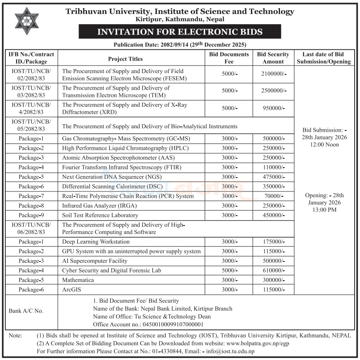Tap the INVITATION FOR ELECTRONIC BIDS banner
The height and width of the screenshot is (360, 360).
[x=180, y=32]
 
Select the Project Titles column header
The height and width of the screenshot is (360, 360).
[x=125, y=59]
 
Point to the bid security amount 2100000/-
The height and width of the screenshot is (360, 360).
[x=273, y=74]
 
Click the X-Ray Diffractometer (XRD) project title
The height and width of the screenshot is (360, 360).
[x=124, y=108]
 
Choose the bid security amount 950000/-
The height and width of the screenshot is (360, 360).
[x=273, y=108]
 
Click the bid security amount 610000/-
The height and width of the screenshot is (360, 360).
[x=273, y=270]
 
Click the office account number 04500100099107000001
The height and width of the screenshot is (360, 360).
[x=173, y=324]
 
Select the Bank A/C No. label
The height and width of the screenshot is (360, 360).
[x=26, y=311]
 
